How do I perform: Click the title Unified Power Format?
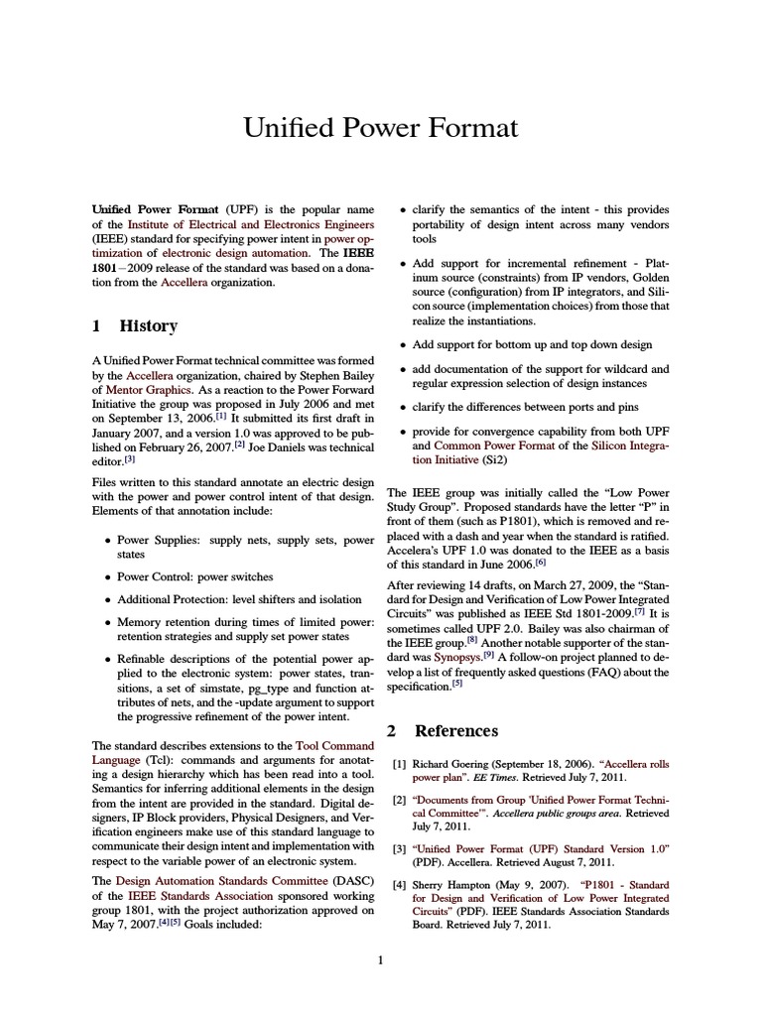click(381, 128)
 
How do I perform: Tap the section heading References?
click(455, 730)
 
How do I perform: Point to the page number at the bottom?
click(380, 959)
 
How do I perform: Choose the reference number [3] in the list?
click(399, 849)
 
